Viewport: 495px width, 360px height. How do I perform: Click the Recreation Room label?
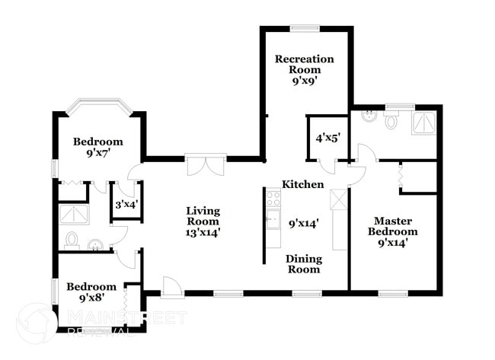click(305, 65)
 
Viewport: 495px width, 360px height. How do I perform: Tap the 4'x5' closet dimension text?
click(327, 138)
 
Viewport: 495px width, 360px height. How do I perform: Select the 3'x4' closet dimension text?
click(126, 205)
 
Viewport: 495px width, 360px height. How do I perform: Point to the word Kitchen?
click(303, 185)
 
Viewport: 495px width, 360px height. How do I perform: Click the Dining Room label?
click(303, 264)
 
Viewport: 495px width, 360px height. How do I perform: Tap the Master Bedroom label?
click(393, 226)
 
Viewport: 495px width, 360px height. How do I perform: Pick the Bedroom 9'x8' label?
click(91, 292)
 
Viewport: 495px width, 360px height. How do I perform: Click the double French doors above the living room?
click(206, 166)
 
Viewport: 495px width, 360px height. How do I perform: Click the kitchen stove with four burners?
click(273, 200)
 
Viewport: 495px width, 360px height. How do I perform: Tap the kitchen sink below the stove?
click(273, 222)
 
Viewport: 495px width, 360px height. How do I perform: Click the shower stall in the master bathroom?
click(423, 123)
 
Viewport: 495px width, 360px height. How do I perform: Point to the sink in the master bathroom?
click(368, 118)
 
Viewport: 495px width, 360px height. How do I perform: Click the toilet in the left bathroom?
click(72, 241)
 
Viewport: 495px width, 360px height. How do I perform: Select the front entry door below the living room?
click(172, 286)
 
